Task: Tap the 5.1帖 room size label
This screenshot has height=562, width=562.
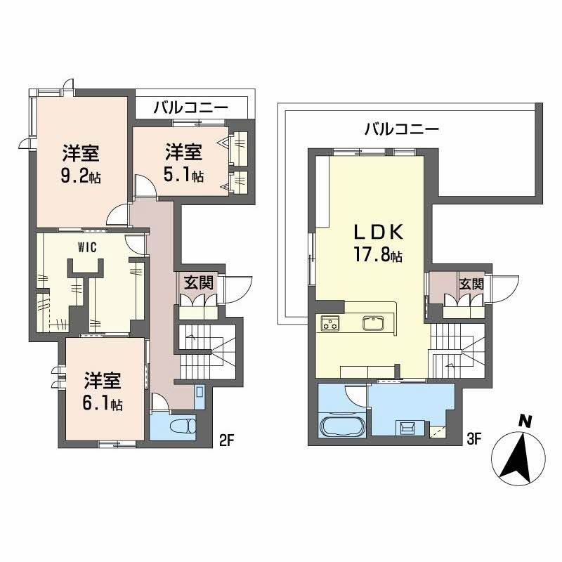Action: point(184,174)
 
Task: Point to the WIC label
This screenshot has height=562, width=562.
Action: point(86,247)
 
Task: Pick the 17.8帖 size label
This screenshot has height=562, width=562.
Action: point(378,256)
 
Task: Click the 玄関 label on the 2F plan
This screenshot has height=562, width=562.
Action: point(197,283)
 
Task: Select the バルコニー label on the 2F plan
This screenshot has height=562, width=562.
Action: point(190,108)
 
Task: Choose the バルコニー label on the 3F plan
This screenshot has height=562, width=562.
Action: point(402,129)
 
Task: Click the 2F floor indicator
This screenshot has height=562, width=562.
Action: point(225,440)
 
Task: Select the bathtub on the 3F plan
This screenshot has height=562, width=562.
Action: point(339,426)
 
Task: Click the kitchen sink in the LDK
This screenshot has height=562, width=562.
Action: point(372,323)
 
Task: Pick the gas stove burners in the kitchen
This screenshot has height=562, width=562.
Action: point(331,323)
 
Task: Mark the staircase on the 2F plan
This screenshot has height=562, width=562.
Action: point(207,351)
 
